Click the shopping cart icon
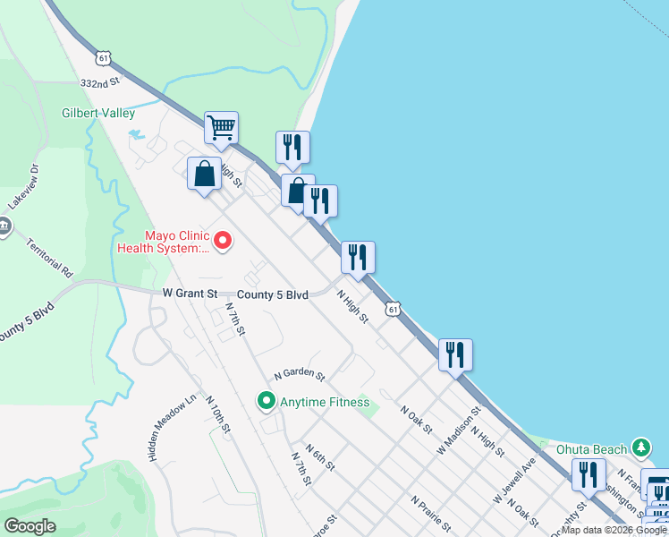221,126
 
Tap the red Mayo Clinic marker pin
221,241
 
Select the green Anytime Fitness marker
266,402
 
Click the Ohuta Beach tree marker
640,447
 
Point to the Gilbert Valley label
98,114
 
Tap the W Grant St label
191,294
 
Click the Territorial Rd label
48,256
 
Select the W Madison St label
460,429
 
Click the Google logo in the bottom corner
30,526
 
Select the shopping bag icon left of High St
204,173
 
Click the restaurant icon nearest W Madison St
455,354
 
